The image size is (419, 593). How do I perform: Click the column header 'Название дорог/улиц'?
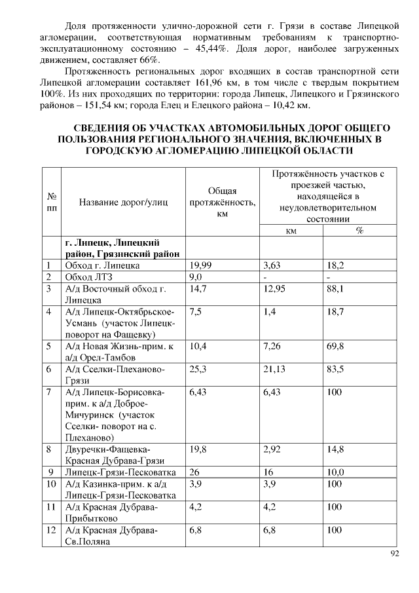click(x=122, y=202)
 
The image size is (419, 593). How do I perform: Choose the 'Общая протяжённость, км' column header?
click(x=221, y=202)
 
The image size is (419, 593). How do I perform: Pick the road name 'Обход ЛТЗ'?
click(x=86, y=277)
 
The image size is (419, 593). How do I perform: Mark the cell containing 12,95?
click(x=274, y=289)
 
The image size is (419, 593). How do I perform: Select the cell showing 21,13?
click(x=274, y=369)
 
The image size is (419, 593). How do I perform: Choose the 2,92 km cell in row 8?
click(x=272, y=449)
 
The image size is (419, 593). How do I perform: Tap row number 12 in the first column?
click(x=51, y=529)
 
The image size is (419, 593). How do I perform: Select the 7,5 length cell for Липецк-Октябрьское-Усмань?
click(x=195, y=312)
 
